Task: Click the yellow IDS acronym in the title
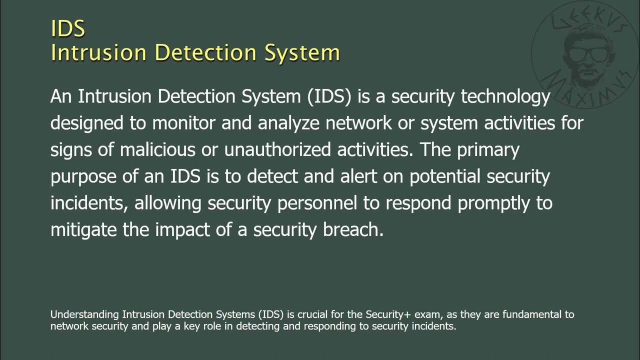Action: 68,28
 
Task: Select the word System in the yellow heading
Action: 302,52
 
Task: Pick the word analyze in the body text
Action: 288,123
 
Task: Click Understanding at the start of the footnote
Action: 84,315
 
